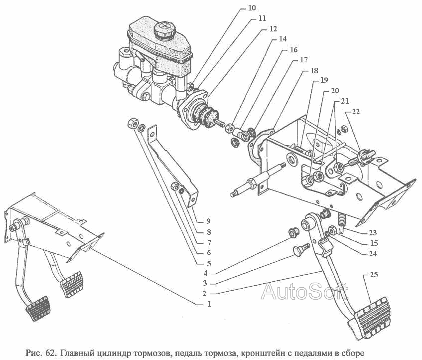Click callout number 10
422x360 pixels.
pos(252,8)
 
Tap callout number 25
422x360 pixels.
pos(374,275)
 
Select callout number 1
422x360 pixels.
pos(209,304)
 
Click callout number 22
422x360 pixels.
pos(356,112)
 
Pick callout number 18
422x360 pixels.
pos(314,70)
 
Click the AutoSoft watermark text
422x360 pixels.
pos(304,292)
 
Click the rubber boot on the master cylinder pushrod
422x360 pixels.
pos(207,115)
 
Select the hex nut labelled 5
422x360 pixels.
pos(132,123)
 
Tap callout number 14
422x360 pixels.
pos(282,39)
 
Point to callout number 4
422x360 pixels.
pos(205,274)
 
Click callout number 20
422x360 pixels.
pos(334,91)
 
